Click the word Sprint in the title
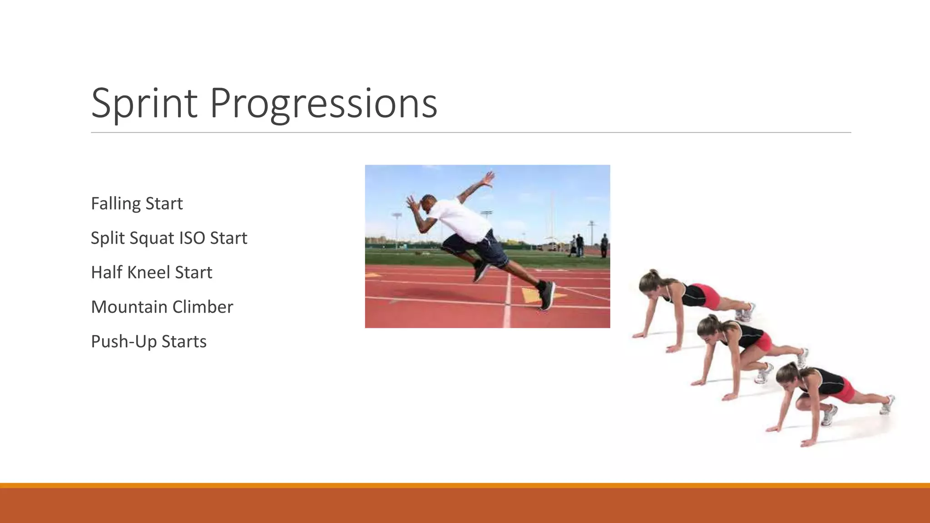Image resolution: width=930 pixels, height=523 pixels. coord(144,104)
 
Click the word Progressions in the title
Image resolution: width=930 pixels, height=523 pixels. coord(323,104)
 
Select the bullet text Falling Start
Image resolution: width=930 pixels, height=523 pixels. coord(137,203)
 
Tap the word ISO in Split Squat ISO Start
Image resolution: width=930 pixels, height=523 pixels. coord(193,238)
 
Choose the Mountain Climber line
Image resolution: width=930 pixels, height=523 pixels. coord(162,307)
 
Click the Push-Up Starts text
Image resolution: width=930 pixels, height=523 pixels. coord(149,341)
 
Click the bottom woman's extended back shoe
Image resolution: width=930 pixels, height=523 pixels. coord(887,405)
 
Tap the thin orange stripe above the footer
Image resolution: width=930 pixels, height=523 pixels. coord(465,485)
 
